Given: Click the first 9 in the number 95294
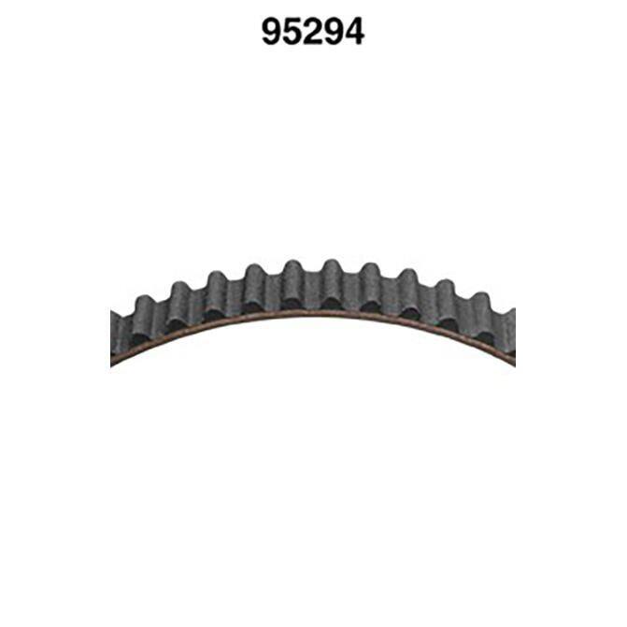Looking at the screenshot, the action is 272,32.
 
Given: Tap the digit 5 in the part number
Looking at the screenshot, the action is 292,32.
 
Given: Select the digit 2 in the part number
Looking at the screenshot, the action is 313,32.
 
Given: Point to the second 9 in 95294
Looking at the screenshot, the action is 333,32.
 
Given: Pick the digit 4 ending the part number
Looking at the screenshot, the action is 354,32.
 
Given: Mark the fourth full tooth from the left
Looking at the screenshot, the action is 255,287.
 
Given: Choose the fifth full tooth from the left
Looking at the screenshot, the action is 293,283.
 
